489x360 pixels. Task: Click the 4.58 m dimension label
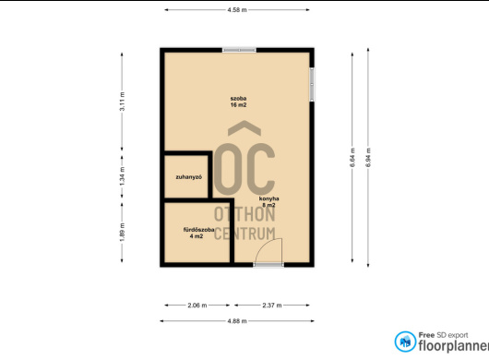(x=237, y=9)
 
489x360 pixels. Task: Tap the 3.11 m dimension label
(x=122, y=101)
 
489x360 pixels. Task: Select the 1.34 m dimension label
(x=122, y=176)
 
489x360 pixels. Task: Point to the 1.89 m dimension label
(x=122, y=232)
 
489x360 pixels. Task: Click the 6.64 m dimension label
(x=352, y=158)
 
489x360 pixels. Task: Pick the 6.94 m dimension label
(x=368, y=158)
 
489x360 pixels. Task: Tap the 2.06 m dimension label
(x=197, y=306)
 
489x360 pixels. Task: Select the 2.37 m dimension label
(x=272, y=306)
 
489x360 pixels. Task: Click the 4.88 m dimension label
(x=237, y=321)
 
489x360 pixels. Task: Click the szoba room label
(x=239, y=98)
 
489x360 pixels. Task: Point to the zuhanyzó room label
(x=188, y=177)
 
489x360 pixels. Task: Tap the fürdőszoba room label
(x=198, y=230)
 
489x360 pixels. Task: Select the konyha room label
(x=268, y=198)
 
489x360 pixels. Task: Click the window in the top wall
(x=239, y=50)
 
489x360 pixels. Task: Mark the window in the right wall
(x=312, y=84)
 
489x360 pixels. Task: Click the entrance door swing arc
(x=265, y=246)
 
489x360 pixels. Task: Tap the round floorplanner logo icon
(x=405, y=342)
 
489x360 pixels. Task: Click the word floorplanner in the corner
(x=453, y=345)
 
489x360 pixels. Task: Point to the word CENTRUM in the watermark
(x=244, y=234)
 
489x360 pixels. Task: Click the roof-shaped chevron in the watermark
(x=244, y=128)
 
